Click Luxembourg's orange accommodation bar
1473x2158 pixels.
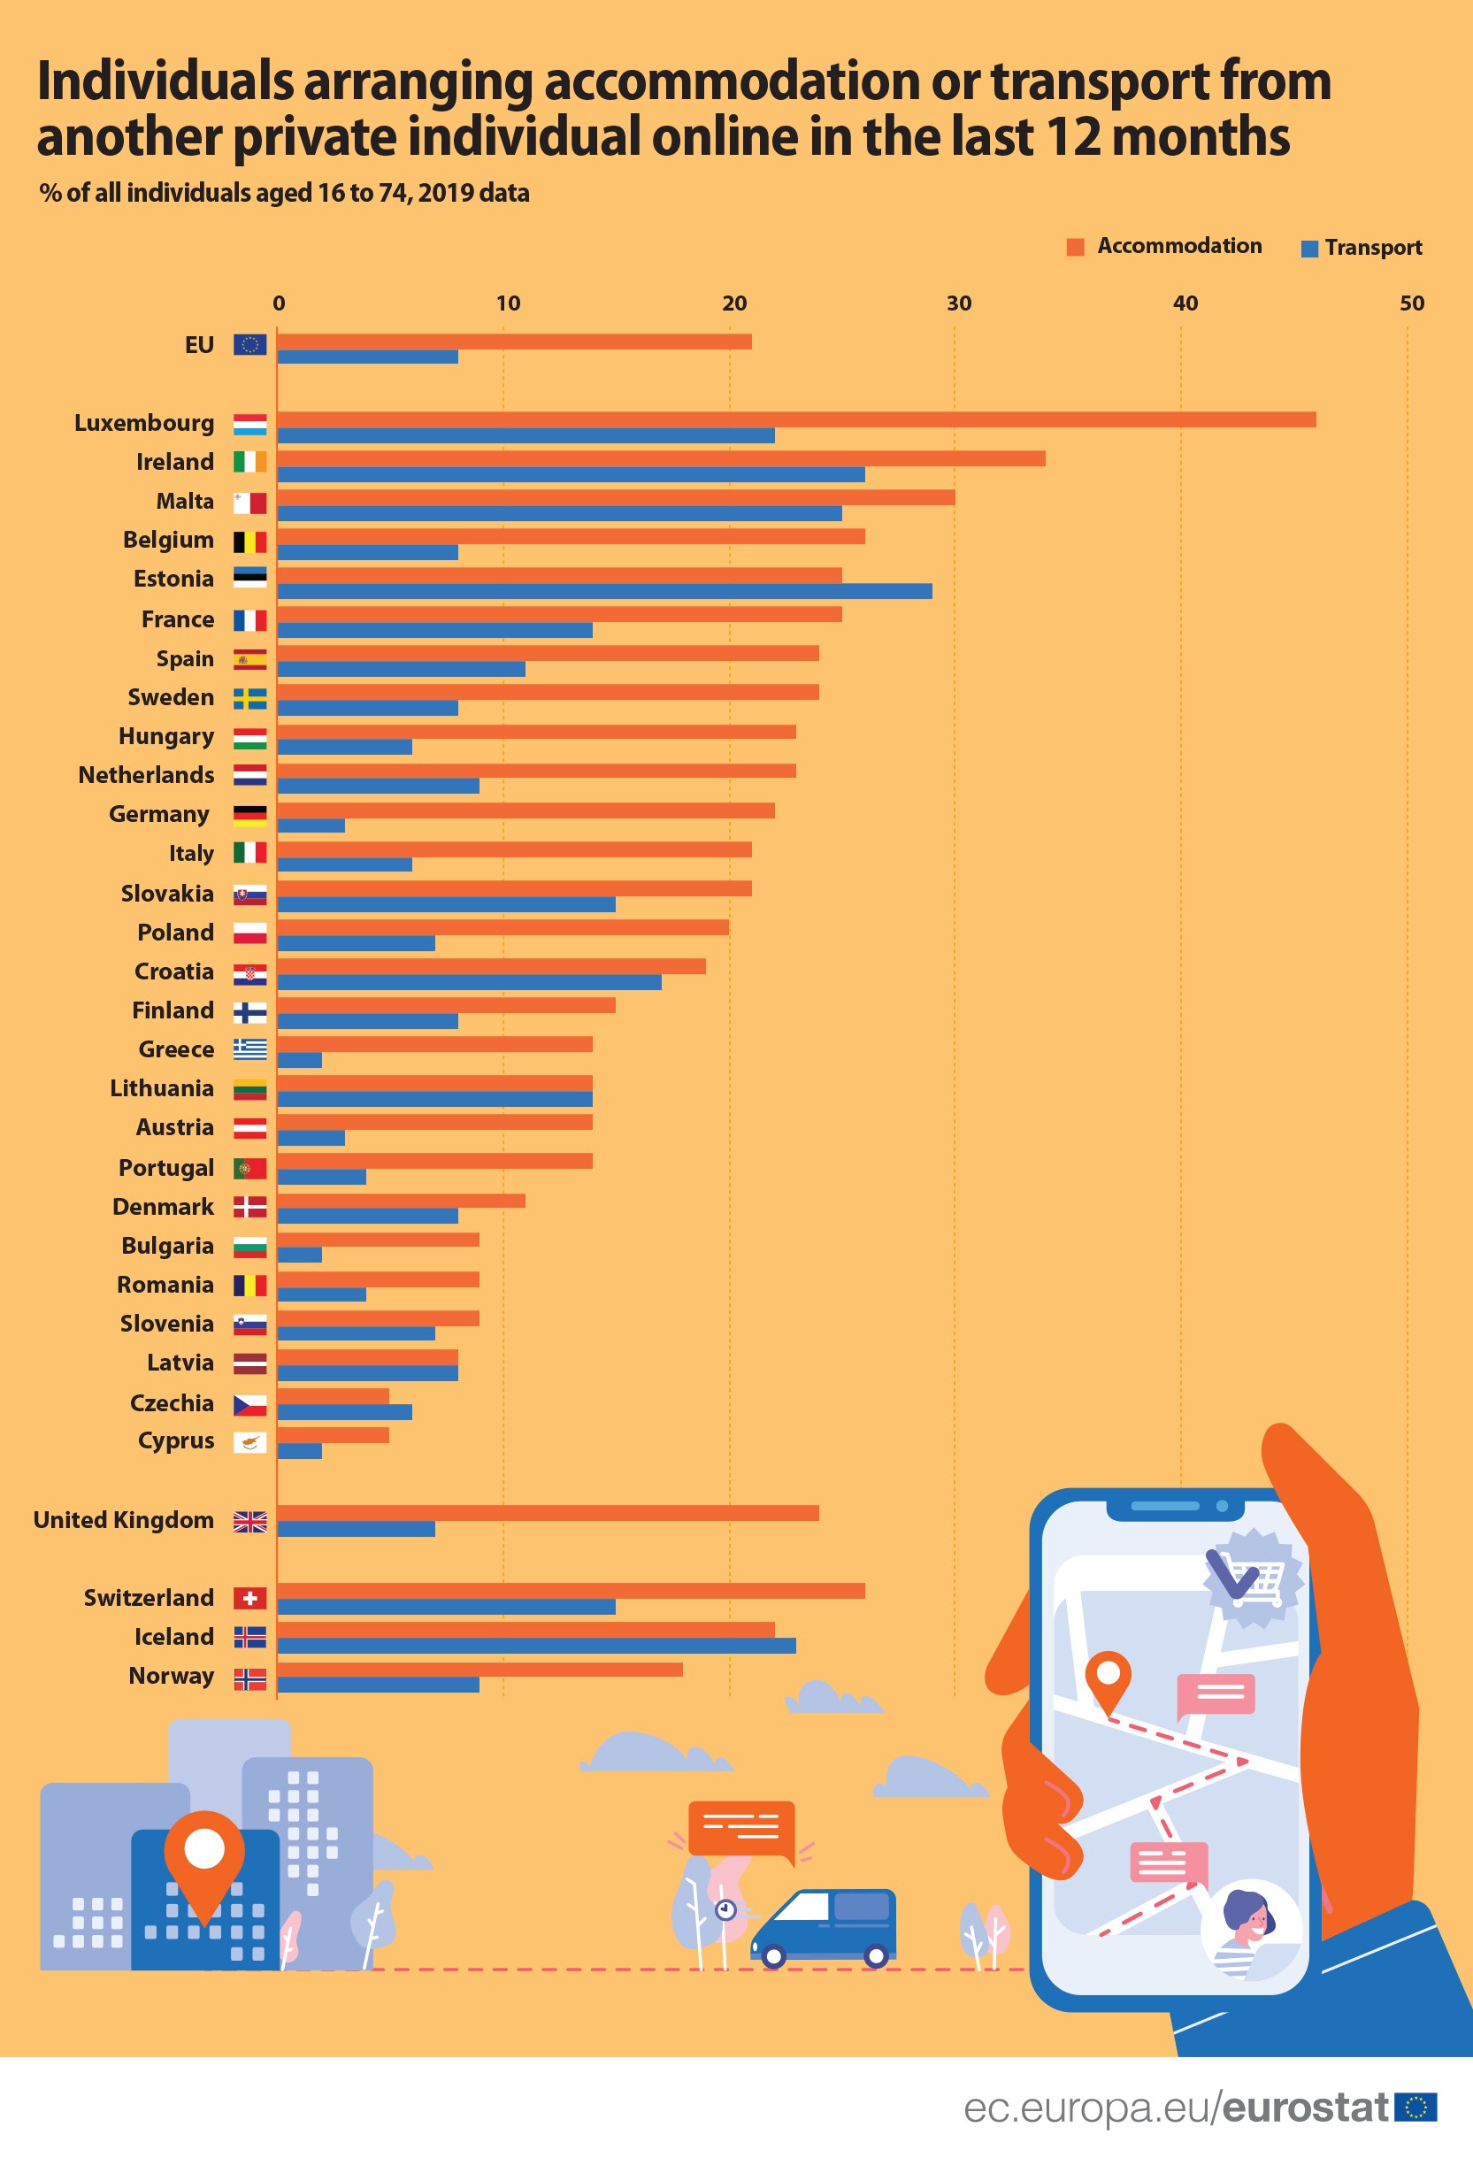point(796,419)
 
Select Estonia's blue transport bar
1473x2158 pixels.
point(603,592)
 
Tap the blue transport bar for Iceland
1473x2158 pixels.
point(536,1646)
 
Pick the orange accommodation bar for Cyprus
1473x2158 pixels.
point(333,1436)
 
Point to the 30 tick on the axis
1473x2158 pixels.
point(958,303)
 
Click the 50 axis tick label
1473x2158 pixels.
point(1411,303)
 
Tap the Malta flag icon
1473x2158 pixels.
point(249,503)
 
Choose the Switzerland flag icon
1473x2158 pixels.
point(249,1598)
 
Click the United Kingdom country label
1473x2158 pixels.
point(124,1520)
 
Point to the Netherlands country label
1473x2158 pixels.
point(146,775)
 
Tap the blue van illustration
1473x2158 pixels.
point(824,1927)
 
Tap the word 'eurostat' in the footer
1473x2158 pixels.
point(1305,2108)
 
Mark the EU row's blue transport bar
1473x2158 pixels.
point(367,357)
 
